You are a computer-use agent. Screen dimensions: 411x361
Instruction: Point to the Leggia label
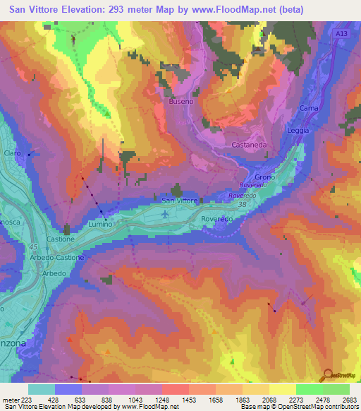pyautogui.click(x=299, y=131)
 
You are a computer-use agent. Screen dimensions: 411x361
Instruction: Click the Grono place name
pyautogui.click(x=264, y=177)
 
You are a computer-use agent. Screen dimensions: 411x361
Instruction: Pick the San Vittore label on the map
pyautogui.click(x=180, y=201)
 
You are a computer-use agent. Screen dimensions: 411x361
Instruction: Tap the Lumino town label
pyautogui.click(x=99, y=224)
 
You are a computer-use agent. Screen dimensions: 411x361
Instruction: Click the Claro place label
pyautogui.click(x=12, y=153)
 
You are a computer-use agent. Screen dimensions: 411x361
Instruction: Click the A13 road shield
pyautogui.click(x=341, y=33)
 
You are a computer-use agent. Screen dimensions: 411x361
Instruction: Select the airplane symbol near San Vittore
pyautogui.click(x=165, y=215)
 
